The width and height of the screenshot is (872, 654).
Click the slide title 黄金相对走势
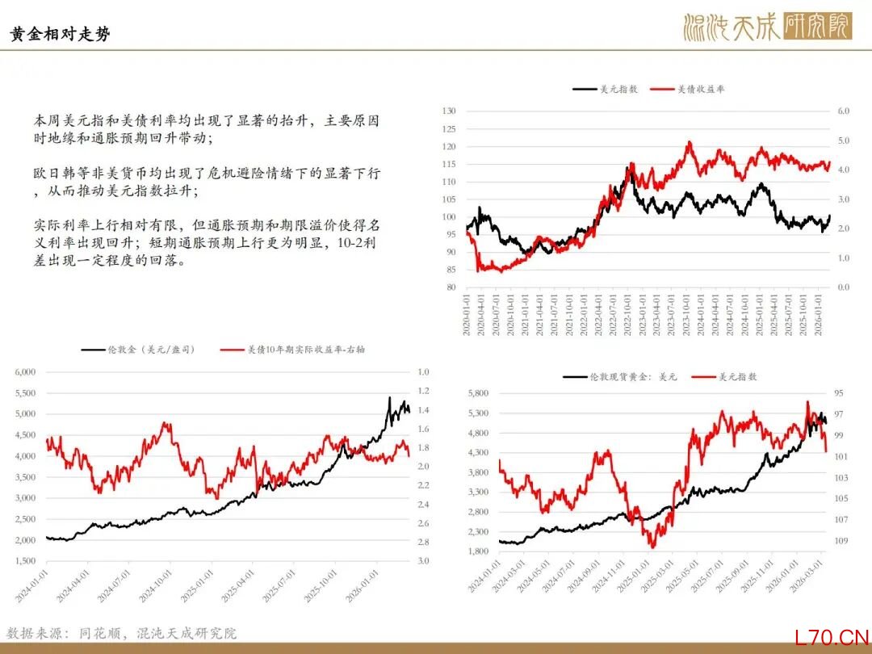(61, 34)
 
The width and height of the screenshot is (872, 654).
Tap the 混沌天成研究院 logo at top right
(766, 27)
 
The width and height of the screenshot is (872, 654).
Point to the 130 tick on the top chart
(449, 111)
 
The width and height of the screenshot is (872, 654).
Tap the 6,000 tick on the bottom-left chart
(25, 372)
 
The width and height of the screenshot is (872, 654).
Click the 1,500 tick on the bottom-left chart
(25, 560)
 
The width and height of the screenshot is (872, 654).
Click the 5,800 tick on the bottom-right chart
(478, 393)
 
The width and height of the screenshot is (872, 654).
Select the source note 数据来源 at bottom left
(121, 634)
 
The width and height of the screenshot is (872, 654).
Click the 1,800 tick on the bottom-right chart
(478, 551)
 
